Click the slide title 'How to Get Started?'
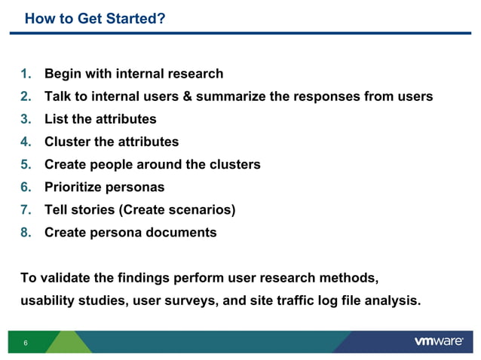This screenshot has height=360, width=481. pos(95,18)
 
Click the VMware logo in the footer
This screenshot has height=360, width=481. pos(438,342)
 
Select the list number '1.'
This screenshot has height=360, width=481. pos(26,74)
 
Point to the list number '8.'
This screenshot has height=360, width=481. pos(26,232)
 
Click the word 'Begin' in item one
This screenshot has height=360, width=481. pos(63,74)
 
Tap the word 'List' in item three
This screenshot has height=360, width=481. pos(57,119)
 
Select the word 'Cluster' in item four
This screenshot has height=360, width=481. pos(69,142)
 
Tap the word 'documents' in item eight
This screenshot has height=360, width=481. pos(180,232)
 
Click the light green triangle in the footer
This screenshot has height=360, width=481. pos(66,343)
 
